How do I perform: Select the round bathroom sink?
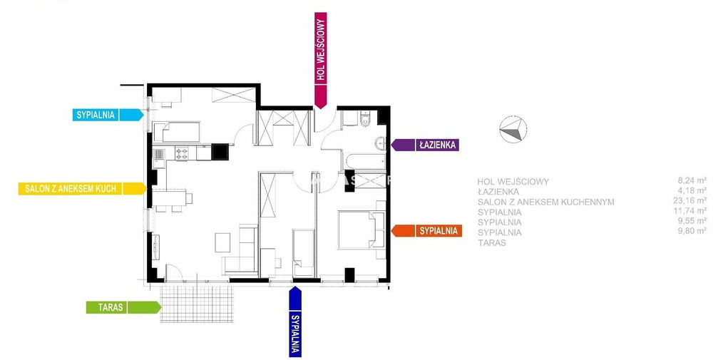tap(381, 143)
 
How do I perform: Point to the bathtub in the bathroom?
tap(364, 161)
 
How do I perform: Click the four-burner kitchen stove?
tap(182, 153)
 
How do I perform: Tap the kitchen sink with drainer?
tap(159, 153)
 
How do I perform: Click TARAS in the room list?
tap(492, 242)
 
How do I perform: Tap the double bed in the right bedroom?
tap(360, 230)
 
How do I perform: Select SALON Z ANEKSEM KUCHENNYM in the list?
tap(546, 202)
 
